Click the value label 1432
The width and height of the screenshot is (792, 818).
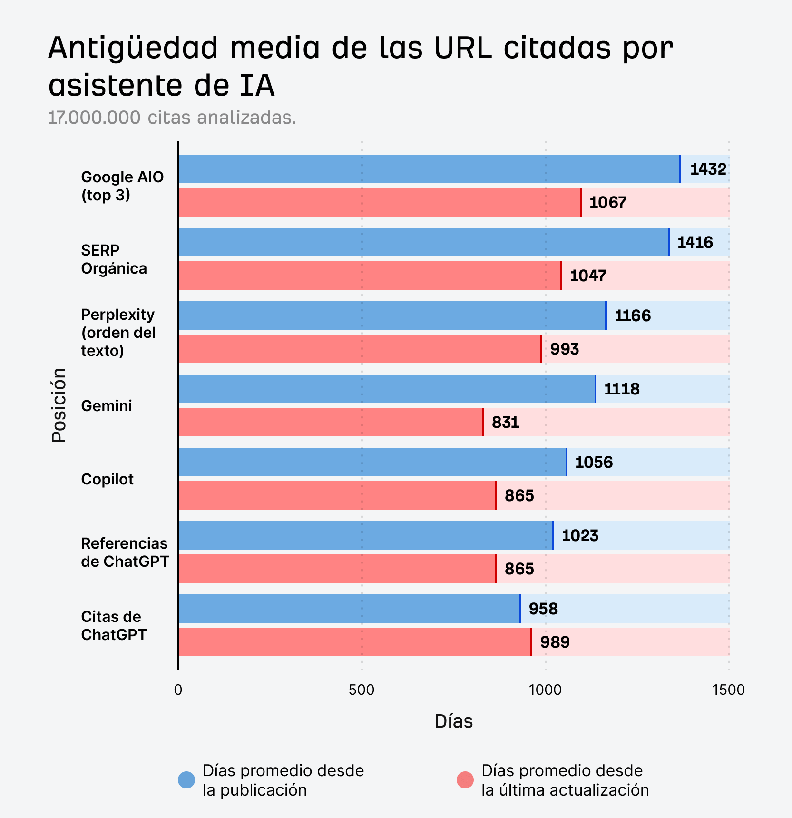click(x=708, y=169)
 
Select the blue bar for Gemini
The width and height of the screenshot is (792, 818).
click(x=386, y=389)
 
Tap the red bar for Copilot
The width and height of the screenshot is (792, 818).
click(x=337, y=495)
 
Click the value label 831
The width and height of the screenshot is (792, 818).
click(x=505, y=422)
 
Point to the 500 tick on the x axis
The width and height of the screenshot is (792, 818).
click(x=362, y=690)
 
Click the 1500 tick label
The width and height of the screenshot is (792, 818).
click(x=728, y=690)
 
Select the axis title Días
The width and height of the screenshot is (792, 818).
click(x=453, y=721)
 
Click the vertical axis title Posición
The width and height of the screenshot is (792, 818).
click(x=59, y=405)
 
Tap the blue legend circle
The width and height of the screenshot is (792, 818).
click(x=186, y=780)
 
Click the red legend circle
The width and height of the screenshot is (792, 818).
click(x=465, y=780)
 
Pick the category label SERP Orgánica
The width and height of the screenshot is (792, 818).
click(x=114, y=259)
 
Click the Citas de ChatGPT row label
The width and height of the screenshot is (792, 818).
click(x=114, y=626)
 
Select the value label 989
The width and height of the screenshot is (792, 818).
click(x=555, y=642)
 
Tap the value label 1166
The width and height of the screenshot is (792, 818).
click(x=632, y=315)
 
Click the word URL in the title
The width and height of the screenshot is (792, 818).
click(x=462, y=48)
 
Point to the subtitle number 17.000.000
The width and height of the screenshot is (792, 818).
click(x=94, y=118)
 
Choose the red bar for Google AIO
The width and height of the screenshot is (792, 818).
click(x=379, y=202)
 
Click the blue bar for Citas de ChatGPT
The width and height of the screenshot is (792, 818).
click(x=349, y=609)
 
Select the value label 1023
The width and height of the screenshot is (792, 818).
click(x=580, y=535)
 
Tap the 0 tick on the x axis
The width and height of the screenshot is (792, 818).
click(x=178, y=690)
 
